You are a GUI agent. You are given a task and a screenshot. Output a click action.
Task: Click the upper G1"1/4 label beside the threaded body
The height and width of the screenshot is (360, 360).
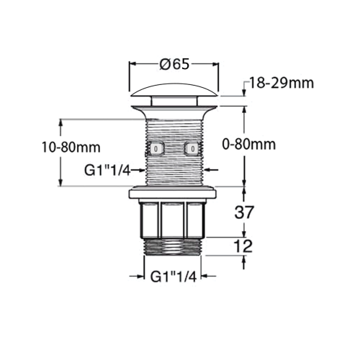107,170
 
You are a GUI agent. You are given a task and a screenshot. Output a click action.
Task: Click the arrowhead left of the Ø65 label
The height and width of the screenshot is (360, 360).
134,63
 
